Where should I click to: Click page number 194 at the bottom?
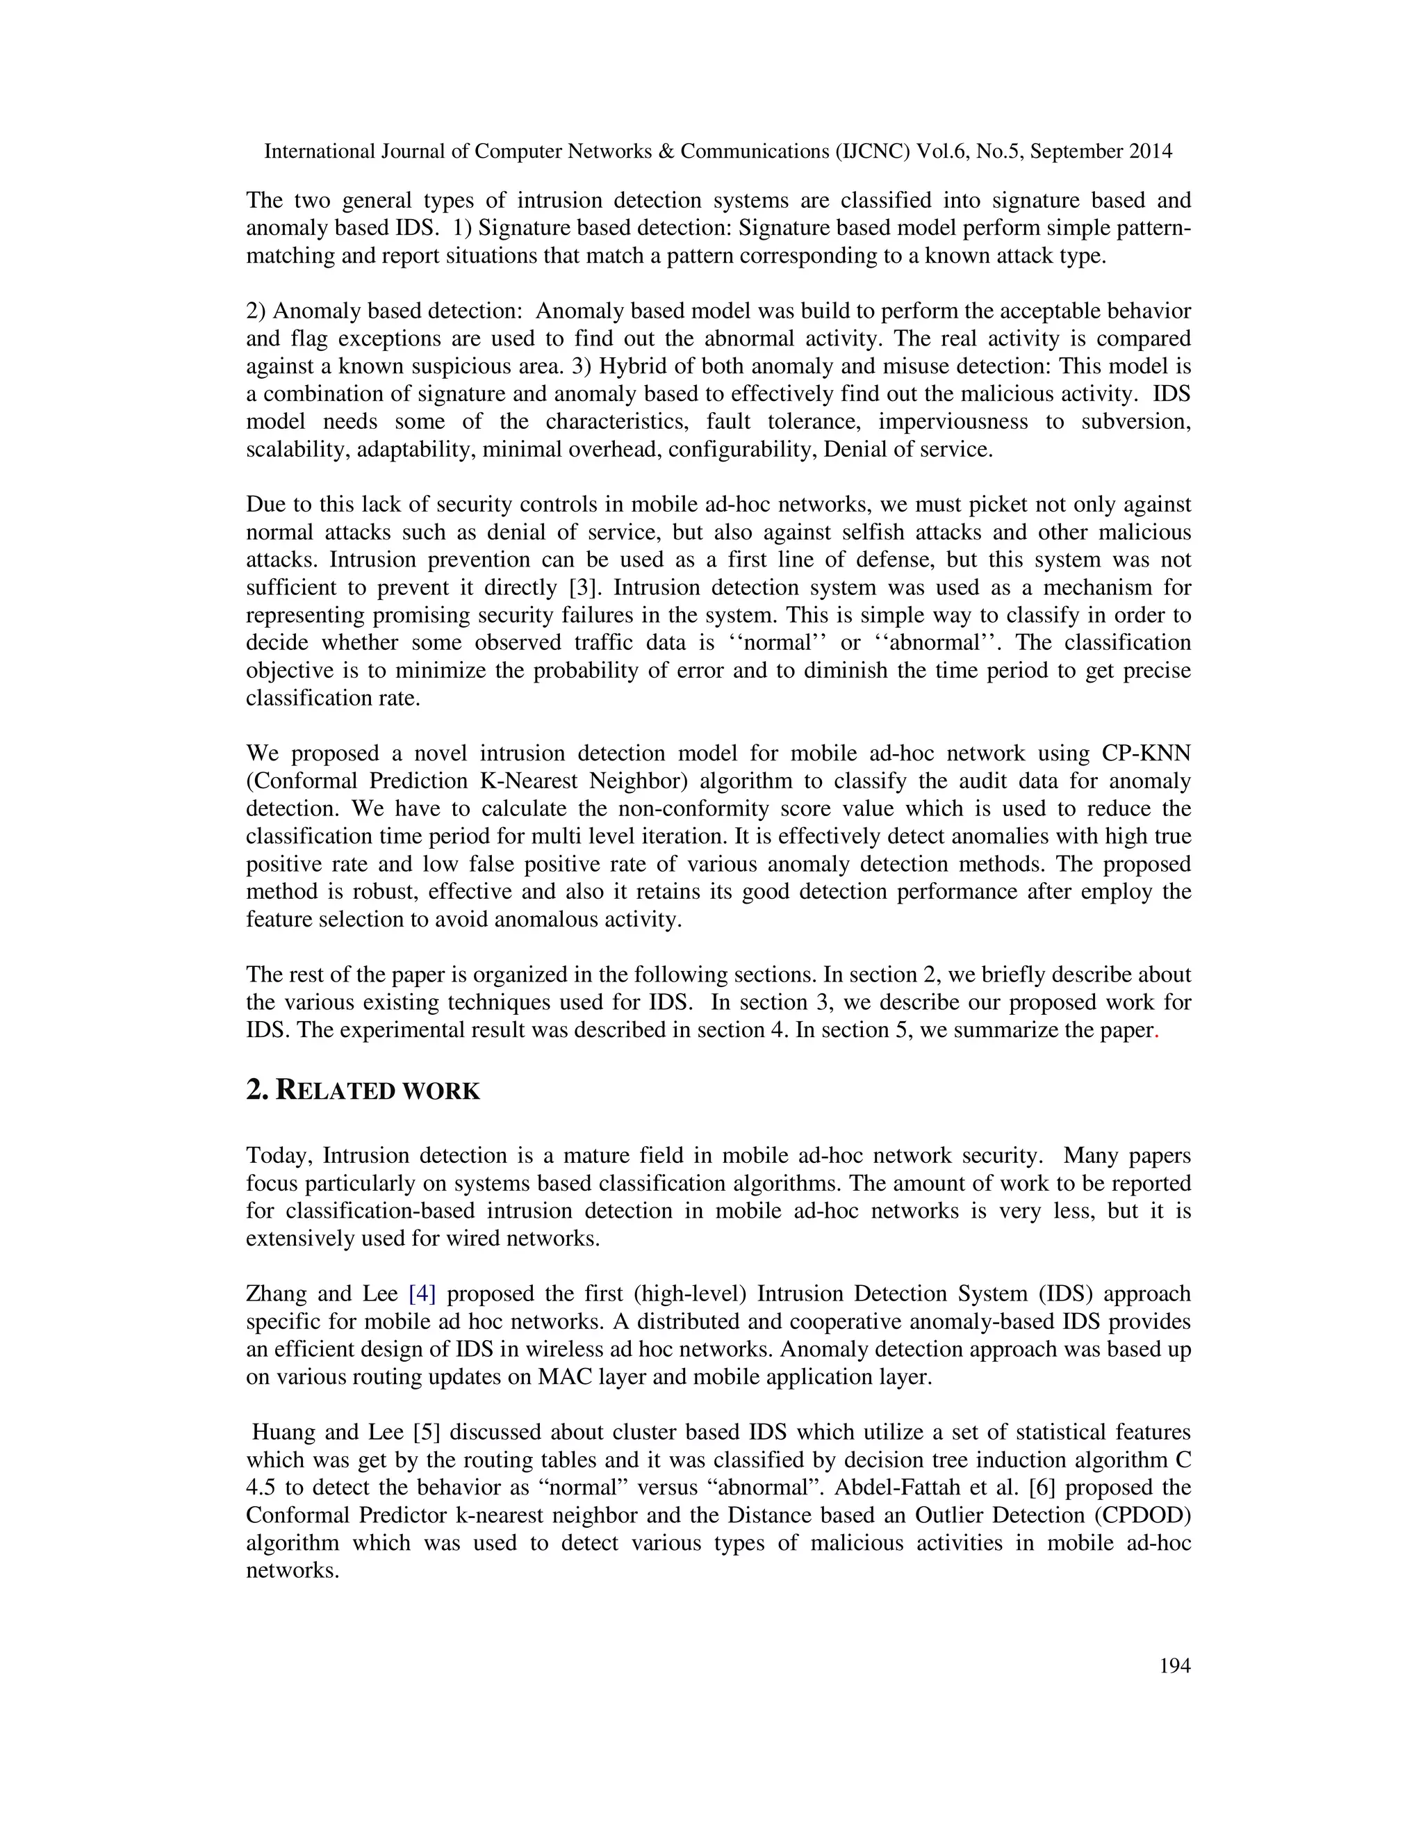(1174, 1665)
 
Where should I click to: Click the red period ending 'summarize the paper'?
(1155, 1032)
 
